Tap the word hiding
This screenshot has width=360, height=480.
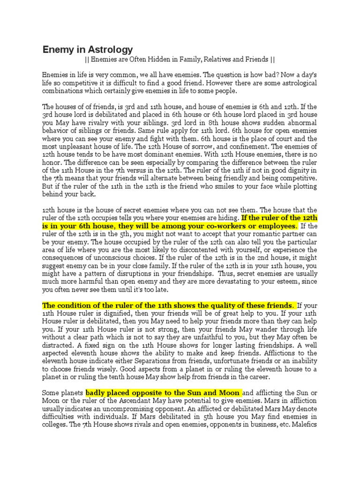coord(225,218)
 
